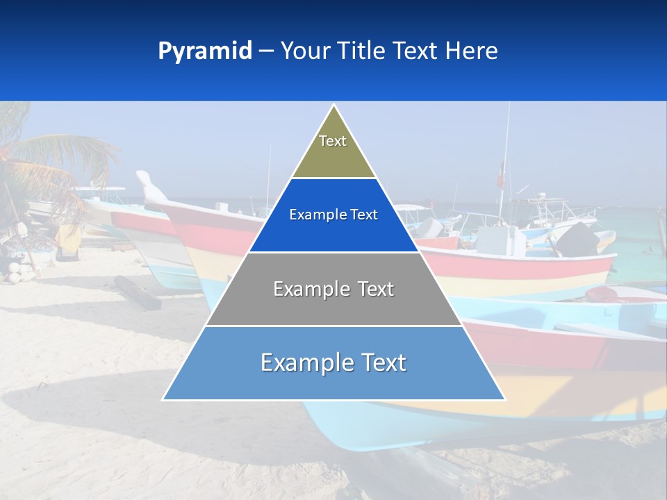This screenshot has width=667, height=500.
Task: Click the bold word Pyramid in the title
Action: (x=205, y=51)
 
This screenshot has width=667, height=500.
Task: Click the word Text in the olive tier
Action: (x=333, y=141)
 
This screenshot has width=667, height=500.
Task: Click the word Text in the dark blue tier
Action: (x=363, y=215)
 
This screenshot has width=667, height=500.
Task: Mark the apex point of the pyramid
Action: (x=333, y=106)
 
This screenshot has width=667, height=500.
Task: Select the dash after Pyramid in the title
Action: (x=266, y=51)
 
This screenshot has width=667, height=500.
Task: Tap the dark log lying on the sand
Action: (x=138, y=292)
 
